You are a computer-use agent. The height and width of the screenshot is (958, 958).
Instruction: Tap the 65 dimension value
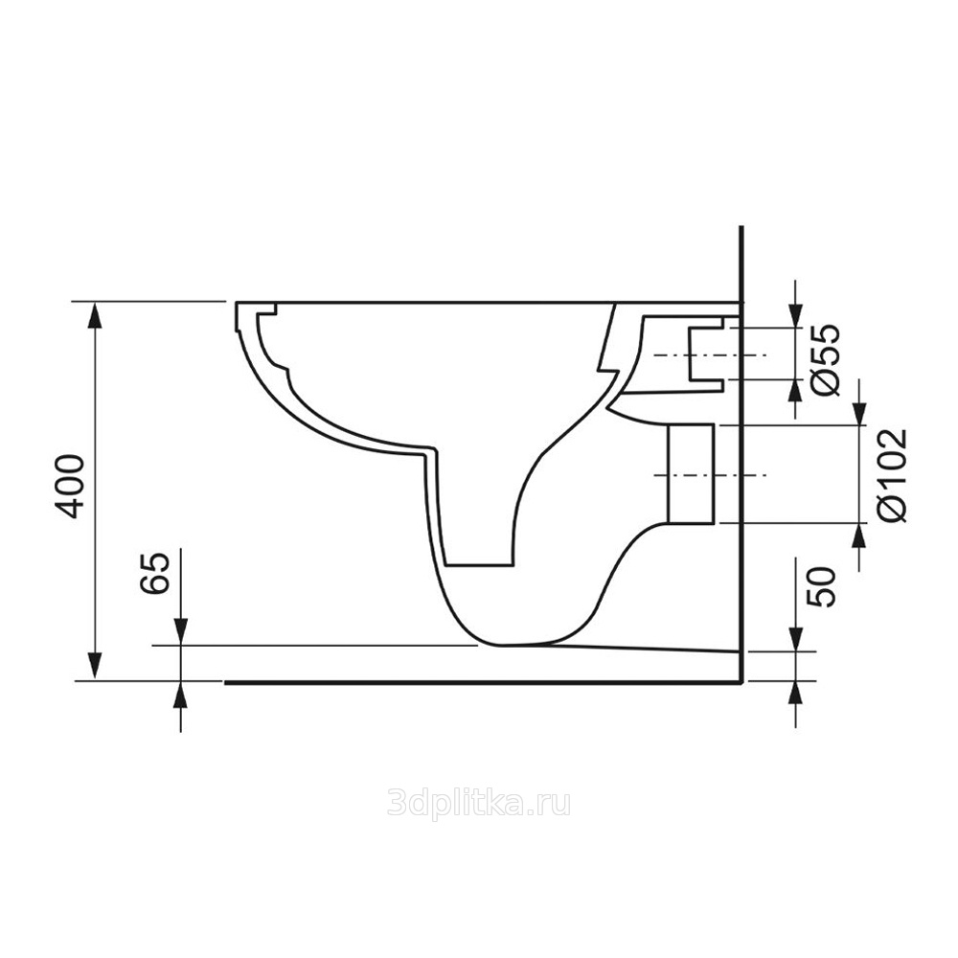pyautogui.click(x=154, y=573)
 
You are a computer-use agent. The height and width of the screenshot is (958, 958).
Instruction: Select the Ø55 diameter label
pyautogui.click(x=827, y=360)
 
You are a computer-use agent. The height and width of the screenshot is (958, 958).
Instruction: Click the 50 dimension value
pyautogui.click(x=822, y=586)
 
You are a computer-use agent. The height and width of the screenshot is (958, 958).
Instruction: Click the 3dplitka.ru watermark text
pyautogui.click(x=479, y=803)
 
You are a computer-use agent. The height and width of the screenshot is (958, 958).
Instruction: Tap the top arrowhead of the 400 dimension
pyautogui.click(x=94, y=314)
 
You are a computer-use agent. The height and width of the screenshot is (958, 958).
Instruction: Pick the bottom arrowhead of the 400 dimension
pyautogui.click(x=94, y=667)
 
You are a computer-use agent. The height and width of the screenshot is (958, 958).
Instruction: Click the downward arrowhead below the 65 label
pyautogui.click(x=181, y=631)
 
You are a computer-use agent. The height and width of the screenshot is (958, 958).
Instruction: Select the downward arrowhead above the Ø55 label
pyautogui.click(x=795, y=314)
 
